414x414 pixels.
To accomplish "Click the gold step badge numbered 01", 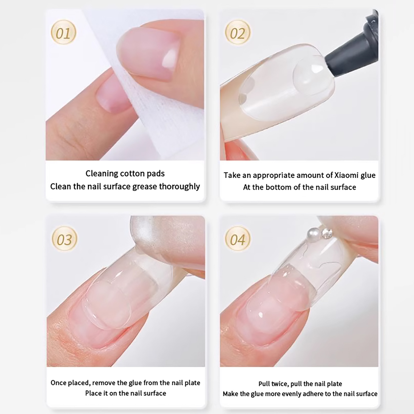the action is click(x=63, y=32).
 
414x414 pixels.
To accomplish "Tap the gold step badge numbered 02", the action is click(x=238, y=32).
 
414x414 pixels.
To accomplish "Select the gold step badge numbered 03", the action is click(x=64, y=239).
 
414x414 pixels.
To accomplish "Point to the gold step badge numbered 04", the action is click(x=238, y=239).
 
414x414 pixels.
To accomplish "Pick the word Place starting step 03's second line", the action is click(x=92, y=393).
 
